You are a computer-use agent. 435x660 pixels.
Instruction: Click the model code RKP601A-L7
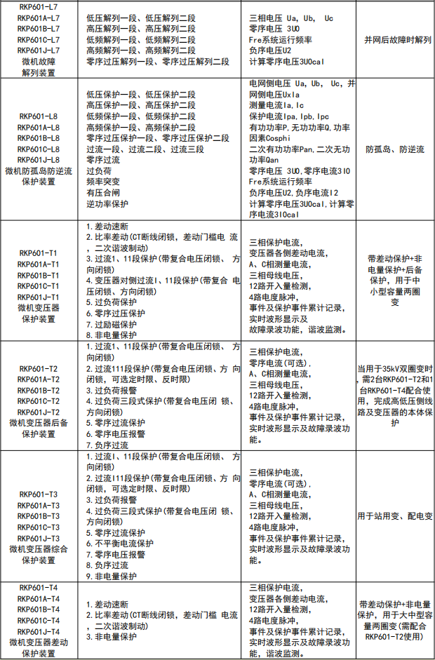click(x=39, y=18)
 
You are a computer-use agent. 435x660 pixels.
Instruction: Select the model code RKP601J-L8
click(x=39, y=160)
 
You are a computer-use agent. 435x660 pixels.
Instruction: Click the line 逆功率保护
click(x=107, y=203)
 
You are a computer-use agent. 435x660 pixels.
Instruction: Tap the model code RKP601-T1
click(x=39, y=253)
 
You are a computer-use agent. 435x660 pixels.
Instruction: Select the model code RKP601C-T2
click(x=39, y=401)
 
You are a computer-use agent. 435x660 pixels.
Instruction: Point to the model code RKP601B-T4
click(x=39, y=609)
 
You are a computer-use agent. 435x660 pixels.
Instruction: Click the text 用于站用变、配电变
click(x=395, y=516)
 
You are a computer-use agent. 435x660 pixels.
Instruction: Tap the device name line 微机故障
click(x=39, y=62)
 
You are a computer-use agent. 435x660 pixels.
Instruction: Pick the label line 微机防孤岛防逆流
click(x=39, y=171)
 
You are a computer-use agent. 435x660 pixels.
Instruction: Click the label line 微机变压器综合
click(x=39, y=549)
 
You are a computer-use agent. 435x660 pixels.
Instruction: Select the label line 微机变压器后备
click(x=39, y=423)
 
